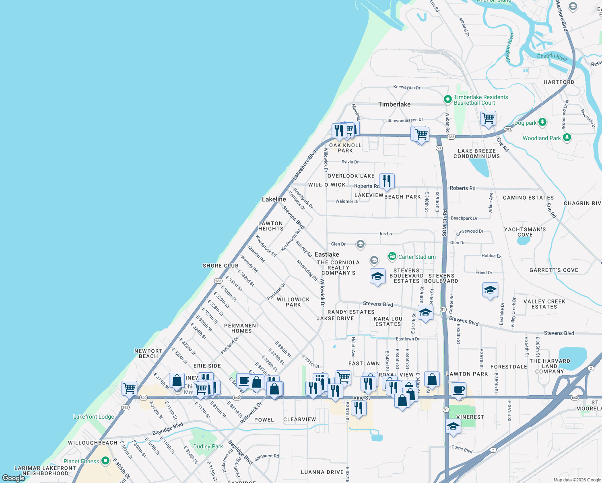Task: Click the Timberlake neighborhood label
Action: click(394, 104)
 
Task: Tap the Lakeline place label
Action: click(274, 199)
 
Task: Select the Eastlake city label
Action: click(327, 254)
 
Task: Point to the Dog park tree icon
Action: click(542, 122)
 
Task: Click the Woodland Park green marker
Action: click(567, 138)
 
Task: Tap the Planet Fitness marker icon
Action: click(105, 461)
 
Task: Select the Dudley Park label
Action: click(208, 446)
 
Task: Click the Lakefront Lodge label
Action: click(93, 417)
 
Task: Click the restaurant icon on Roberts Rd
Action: click(387, 181)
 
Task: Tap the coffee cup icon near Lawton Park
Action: click(458, 390)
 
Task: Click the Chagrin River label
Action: click(552, 57)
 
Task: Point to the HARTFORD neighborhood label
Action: click(559, 82)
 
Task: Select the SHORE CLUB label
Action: click(221, 266)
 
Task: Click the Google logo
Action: click(14, 478)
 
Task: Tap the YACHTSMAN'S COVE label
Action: click(525, 232)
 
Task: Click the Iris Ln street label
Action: click(386, 233)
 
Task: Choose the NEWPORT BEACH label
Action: click(148, 353)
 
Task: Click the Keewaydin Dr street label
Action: click(406, 87)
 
